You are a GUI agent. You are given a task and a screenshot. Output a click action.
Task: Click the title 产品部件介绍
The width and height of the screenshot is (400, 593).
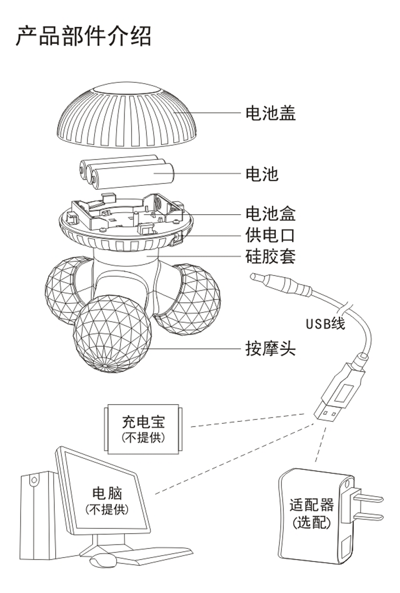83,36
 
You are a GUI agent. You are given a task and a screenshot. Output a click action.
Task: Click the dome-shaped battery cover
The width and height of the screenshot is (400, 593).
126,115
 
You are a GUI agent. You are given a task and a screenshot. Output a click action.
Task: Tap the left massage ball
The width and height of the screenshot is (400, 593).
66,289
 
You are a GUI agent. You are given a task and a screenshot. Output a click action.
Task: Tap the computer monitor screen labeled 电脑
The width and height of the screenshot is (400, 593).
107,499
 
